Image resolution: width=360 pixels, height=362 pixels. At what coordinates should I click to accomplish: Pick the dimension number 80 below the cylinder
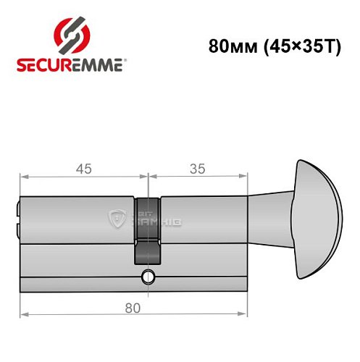point(131,308)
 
